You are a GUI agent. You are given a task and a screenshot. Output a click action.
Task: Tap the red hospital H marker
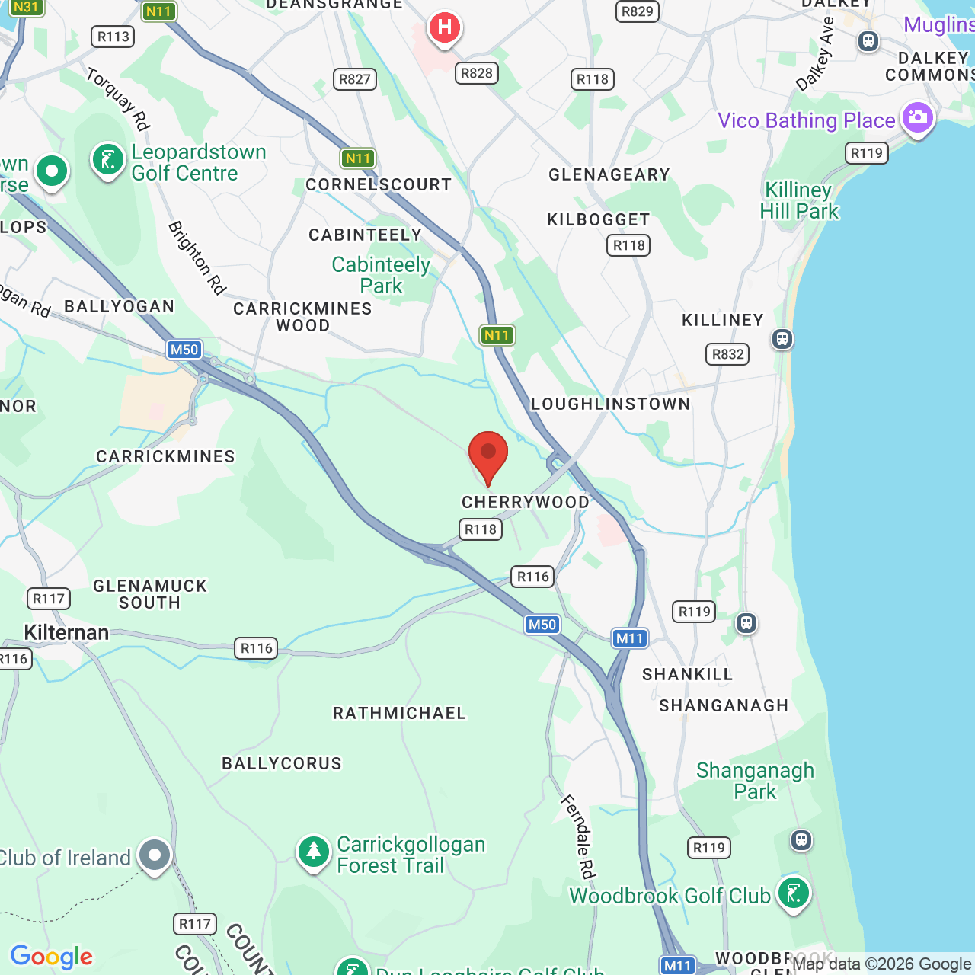[444, 28]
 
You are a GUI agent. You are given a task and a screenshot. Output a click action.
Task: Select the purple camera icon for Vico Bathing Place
[917, 118]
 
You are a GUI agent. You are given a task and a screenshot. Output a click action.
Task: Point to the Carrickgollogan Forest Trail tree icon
[313, 852]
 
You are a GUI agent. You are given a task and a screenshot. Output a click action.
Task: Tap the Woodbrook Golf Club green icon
[793, 893]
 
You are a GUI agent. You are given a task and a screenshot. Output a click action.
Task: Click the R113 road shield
[113, 37]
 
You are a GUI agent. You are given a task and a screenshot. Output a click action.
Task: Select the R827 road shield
[355, 79]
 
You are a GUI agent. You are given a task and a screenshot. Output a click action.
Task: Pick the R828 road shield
[477, 73]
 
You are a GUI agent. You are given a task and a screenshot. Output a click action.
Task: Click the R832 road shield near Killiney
[727, 354]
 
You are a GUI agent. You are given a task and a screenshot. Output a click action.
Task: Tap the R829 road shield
[637, 11]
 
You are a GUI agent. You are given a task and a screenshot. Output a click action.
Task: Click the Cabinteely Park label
[381, 275]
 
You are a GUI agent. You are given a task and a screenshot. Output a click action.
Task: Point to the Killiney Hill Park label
[799, 200]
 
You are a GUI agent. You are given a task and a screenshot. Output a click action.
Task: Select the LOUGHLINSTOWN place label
[610, 404]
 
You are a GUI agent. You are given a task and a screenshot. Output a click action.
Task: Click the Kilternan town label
[66, 632]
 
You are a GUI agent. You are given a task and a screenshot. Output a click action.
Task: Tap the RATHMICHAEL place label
[399, 713]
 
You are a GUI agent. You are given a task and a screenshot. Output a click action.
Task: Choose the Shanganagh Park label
[755, 781]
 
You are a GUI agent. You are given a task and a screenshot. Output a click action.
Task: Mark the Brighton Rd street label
[197, 257]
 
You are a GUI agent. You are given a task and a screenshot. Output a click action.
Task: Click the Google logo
[52, 957]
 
